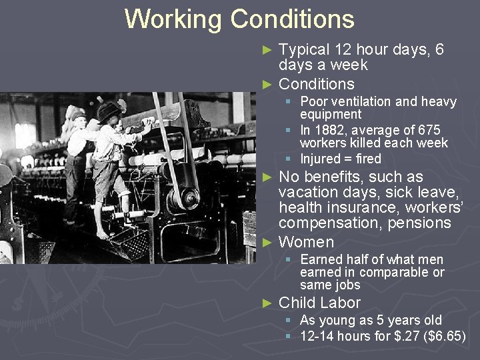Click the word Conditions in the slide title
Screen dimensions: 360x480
coord(292,19)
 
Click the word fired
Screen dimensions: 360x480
coord(368,159)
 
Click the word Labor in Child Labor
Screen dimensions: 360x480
coord(339,303)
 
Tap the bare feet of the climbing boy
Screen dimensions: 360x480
coord(101,234)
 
